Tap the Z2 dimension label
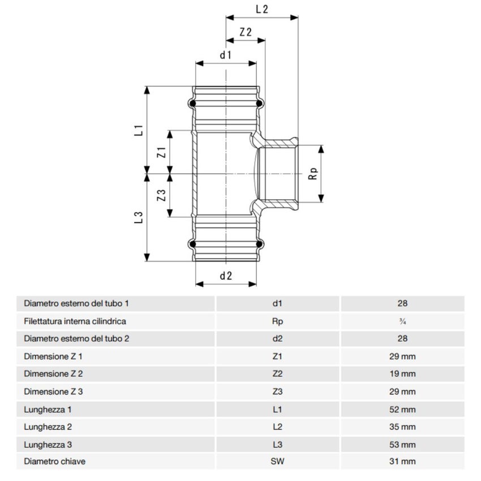point(246,32)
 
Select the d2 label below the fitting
point(226,276)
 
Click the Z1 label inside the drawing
point(161,152)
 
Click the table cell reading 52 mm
point(402,409)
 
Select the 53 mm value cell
point(402,444)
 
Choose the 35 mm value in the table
point(402,427)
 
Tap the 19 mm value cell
point(402,373)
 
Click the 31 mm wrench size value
point(402,462)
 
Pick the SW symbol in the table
point(277,462)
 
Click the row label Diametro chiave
point(55,462)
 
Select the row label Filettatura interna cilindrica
point(75,321)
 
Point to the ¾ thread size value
point(402,321)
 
